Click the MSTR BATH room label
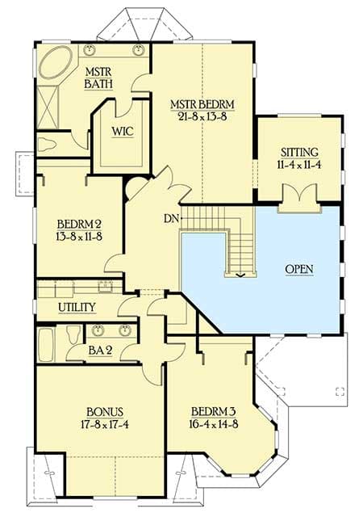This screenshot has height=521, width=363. (x=98, y=78)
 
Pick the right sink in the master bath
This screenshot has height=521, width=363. (x=138, y=50)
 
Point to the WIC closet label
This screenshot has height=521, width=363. (x=123, y=131)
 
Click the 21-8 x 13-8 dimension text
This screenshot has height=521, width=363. (x=201, y=117)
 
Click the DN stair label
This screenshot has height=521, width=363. (x=170, y=219)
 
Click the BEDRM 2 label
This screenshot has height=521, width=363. (x=77, y=224)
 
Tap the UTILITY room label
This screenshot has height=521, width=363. (x=77, y=307)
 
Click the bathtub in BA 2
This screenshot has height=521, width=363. (x=45, y=344)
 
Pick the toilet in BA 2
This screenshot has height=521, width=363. (x=74, y=334)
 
